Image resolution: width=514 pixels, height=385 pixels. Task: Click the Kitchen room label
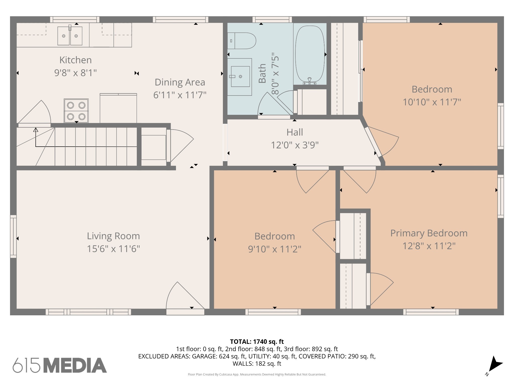75,60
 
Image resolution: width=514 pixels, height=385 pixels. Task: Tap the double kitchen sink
70,36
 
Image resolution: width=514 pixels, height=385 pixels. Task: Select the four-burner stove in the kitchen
76,111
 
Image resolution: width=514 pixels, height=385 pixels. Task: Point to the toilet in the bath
242,41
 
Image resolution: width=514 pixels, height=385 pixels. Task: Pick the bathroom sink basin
240,76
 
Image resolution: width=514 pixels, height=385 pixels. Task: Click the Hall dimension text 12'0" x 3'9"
295,145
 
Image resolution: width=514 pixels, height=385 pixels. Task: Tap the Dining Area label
180,82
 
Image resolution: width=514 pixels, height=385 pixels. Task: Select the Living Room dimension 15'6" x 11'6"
113,249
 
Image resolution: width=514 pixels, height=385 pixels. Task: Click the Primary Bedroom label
429,233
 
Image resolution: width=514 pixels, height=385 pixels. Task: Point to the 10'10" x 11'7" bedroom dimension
432,102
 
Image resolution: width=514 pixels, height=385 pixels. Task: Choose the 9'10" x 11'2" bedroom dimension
275,249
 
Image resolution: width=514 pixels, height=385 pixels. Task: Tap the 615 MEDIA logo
60,365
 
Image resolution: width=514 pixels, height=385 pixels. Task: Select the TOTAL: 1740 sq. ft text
257,342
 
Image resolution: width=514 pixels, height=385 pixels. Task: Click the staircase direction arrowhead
36,130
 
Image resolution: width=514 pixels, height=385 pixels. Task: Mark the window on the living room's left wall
13,236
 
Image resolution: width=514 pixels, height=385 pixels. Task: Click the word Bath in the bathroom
262,73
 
